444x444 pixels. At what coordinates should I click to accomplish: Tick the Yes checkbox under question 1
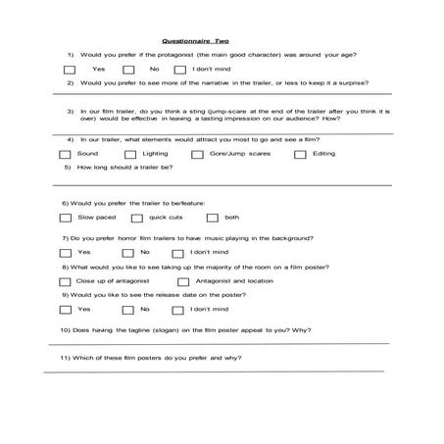(x=69, y=71)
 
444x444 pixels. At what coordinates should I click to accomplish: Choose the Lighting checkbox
(x=130, y=155)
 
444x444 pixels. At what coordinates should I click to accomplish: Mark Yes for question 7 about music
(x=67, y=253)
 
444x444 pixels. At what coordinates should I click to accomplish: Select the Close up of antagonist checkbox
(x=67, y=281)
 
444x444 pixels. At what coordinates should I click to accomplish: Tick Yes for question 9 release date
(x=67, y=310)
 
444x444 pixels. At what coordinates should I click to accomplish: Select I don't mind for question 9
(x=179, y=310)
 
